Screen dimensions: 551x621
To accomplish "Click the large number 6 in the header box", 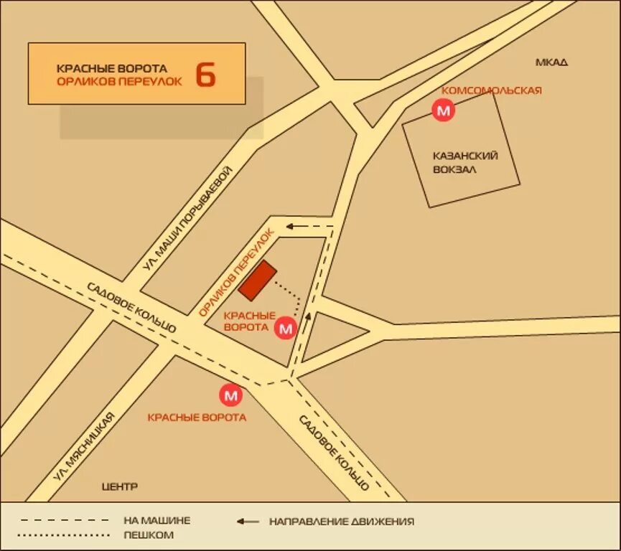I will [205, 74].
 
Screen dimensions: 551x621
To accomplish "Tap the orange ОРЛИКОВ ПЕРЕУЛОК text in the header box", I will [119, 82].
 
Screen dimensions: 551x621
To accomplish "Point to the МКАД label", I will [551, 62].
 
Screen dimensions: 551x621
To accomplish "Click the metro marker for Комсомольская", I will [444, 110].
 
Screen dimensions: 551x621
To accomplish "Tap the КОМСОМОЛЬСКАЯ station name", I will [491, 90].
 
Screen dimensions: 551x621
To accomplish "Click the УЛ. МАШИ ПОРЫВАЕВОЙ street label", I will [189, 218].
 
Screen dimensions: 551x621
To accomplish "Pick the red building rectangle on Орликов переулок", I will [258, 281].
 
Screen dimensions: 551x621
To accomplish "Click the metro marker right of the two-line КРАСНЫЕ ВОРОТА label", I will [286, 329].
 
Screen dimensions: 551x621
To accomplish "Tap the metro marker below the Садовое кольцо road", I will [231, 395].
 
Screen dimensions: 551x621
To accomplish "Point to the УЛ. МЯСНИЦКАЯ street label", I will [84, 447].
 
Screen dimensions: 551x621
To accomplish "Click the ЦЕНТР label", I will [120, 486].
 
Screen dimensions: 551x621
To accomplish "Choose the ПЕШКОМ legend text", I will [149, 535].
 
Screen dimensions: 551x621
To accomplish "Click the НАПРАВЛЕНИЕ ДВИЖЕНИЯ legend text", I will [342, 522].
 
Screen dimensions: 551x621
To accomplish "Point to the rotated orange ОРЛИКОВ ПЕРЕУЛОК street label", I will [237, 273].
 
